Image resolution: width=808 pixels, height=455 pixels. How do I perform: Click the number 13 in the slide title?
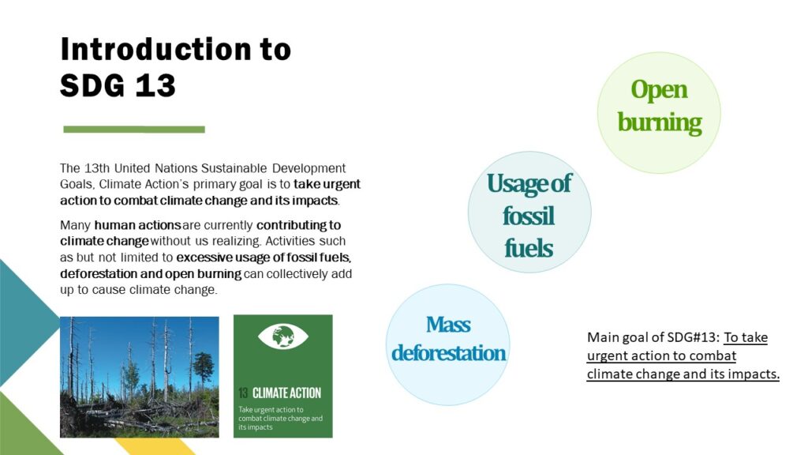tap(155, 85)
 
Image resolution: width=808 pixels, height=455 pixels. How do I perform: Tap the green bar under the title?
tap(134, 130)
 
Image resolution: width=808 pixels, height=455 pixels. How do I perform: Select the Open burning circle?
tap(659, 112)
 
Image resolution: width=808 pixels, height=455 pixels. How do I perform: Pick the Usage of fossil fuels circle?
tap(529, 212)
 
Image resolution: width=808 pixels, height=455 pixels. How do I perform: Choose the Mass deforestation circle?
tap(448, 344)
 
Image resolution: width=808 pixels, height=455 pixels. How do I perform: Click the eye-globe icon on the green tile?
tap(283, 337)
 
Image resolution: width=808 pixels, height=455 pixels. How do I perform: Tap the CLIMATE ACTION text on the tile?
tap(286, 393)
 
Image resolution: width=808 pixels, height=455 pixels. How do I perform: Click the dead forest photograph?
tap(139, 377)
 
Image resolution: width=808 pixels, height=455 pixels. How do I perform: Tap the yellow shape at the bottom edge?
tap(155, 447)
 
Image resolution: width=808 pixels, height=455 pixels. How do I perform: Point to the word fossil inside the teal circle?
tap(528, 216)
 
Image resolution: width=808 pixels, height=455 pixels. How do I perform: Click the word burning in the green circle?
tap(660, 123)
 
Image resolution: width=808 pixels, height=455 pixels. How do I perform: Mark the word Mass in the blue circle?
tap(448, 325)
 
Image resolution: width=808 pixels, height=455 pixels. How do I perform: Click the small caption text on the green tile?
tap(280, 419)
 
